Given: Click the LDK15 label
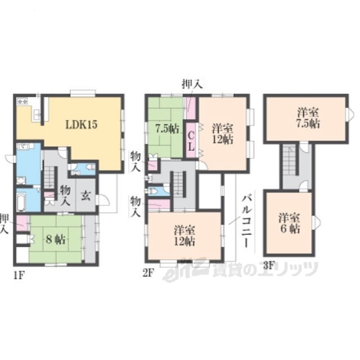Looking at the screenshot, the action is (x=82, y=124).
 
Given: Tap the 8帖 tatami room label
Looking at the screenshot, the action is (x=56, y=240).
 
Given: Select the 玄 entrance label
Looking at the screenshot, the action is (x=85, y=196).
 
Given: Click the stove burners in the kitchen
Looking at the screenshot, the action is (x=22, y=101).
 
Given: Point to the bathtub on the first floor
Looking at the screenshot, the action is (x=21, y=202).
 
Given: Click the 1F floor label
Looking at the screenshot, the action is (x=19, y=275).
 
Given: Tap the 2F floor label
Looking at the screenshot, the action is (x=148, y=273).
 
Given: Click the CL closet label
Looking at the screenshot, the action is (x=191, y=141).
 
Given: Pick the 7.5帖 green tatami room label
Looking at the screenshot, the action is (x=168, y=129).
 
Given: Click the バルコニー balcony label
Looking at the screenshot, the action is (x=246, y=221).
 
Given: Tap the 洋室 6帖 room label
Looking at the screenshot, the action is (x=289, y=223).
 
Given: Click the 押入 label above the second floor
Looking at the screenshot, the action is (x=192, y=84).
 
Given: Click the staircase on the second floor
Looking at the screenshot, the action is (x=179, y=183).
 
